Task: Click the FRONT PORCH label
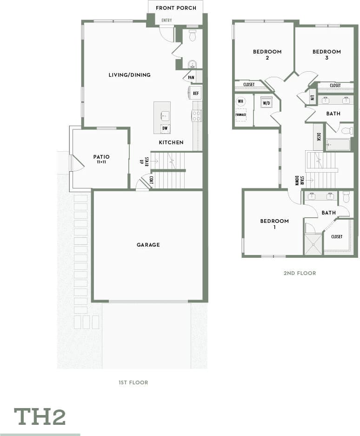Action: (x=176, y=8)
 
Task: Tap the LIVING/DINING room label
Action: (x=129, y=75)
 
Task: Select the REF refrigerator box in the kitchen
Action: (x=196, y=93)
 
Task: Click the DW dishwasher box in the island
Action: (x=165, y=128)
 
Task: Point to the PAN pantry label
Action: (x=191, y=78)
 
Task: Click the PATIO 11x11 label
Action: (x=101, y=159)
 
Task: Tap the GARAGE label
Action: (x=148, y=245)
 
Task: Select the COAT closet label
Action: (x=150, y=180)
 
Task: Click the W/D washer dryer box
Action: (x=267, y=103)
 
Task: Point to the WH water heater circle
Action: (x=240, y=101)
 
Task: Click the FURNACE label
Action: (x=240, y=114)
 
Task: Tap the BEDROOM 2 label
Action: (x=267, y=55)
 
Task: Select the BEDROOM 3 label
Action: (x=327, y=55)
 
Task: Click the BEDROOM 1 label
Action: (x=274, y=224)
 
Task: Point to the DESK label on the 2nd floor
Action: (x=319, y=137)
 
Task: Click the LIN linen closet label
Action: (x=312, y=98)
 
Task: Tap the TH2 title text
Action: (x=40, y=416)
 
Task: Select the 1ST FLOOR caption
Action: (x=133, y=382)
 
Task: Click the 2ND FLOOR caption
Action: (x=300, y=273)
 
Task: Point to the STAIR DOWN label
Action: (x=299, y=181)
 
